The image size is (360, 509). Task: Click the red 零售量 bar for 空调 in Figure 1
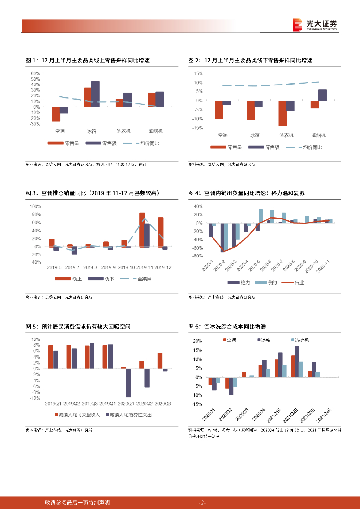pos(56,114)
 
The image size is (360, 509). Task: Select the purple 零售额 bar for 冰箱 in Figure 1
pos(95,94)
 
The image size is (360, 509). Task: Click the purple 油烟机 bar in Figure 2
pos(323,95)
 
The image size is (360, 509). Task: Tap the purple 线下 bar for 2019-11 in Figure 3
pos(147,235)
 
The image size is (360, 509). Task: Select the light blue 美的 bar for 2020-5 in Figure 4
pos(261,216)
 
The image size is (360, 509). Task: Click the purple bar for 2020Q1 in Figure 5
pos(128,383)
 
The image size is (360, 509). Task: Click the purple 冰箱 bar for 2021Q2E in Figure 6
pos(297,361)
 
